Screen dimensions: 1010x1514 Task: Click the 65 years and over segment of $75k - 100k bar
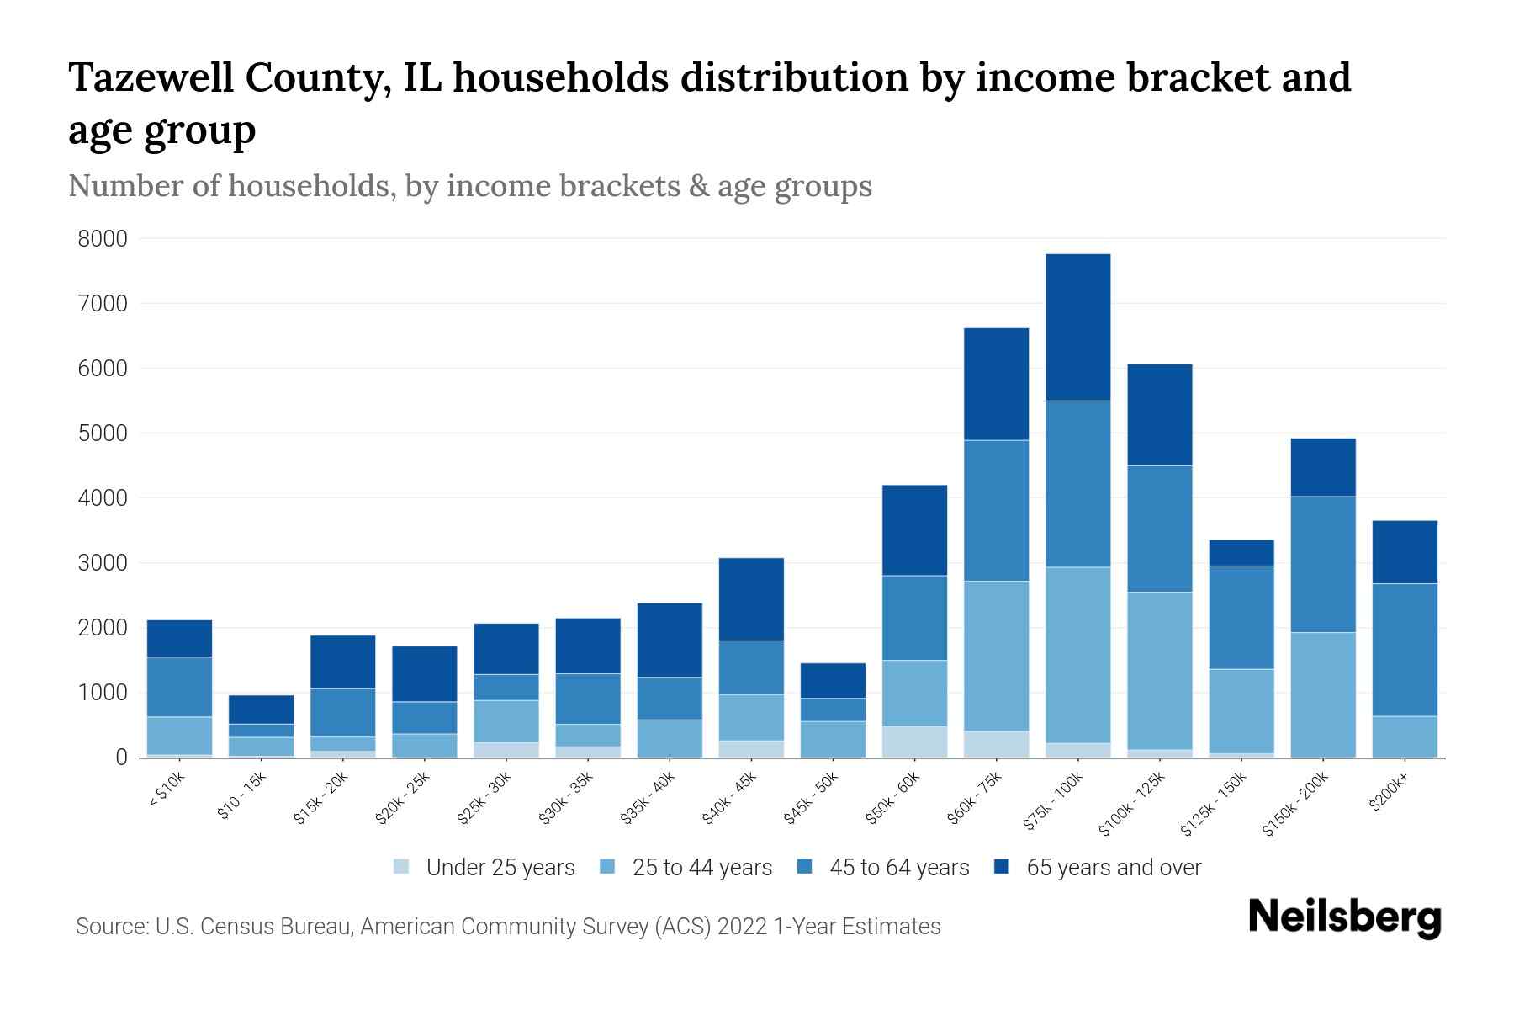1077,327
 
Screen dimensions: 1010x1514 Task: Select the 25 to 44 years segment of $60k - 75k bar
996,656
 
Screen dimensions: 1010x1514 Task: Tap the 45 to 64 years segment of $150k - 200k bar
1323,564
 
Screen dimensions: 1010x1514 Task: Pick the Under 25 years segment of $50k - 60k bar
914,742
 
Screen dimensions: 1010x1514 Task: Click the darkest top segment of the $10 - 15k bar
261,710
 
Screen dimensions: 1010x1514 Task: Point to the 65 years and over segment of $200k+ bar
1405,552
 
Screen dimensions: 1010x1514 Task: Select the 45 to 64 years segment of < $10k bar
179,687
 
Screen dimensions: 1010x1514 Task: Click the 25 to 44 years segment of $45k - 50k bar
833,739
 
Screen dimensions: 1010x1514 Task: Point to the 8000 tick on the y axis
103,239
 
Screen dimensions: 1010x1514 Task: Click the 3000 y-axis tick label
103,563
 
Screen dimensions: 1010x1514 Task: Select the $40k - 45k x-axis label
730,799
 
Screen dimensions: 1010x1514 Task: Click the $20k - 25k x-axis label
404,799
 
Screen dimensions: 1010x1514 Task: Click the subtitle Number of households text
230,185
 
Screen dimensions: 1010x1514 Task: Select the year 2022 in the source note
742,927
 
